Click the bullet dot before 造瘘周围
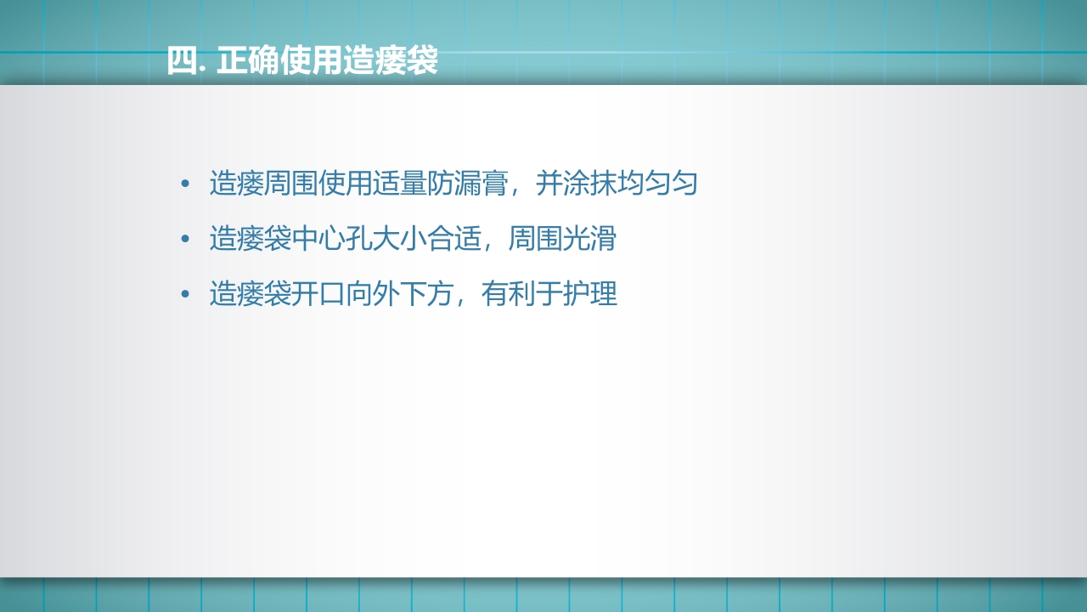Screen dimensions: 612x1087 (184, 184)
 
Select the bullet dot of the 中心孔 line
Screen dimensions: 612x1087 (184, 239)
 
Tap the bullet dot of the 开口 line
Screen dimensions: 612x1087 (184, 294)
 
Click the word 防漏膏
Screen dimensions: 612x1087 (467, 184)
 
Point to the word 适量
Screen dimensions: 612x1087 (399, 184)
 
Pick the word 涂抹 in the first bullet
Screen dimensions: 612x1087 (589, 184)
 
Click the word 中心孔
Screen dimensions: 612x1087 (331, 239)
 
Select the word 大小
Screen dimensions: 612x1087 (399, 239)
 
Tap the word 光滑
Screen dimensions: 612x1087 (589, 239)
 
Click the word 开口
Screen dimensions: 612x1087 (318, 294)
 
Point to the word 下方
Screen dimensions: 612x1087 (426, 294)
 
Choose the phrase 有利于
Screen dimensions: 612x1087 (521, 294)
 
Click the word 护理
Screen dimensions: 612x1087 (589, 294)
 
